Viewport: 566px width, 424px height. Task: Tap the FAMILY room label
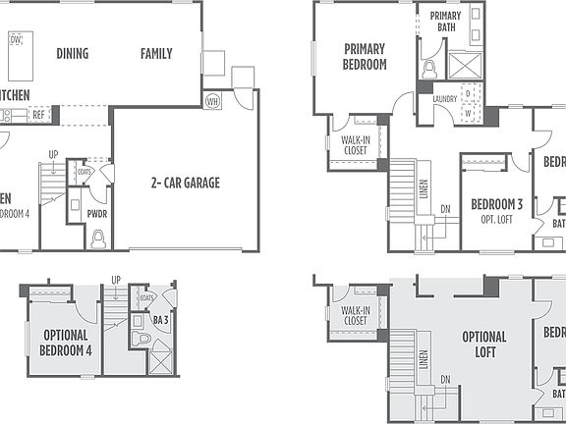[155, 54]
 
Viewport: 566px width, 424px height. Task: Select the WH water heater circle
[212, 99]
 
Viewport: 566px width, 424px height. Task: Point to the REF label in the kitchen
[38, 115]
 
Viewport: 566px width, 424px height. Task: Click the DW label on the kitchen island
[16, 39]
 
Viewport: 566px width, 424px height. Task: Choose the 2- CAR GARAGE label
[185, 183]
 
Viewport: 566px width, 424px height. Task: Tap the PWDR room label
[96, 212]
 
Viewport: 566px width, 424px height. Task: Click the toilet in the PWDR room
[96, 238]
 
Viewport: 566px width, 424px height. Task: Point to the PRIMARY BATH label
[445, 21]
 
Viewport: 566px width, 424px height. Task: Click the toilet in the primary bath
[429, 68]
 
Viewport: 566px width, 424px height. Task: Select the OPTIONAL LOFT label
[483, 344]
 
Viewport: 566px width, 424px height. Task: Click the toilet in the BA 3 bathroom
[142, 341]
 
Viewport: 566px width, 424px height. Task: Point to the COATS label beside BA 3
[147, 297]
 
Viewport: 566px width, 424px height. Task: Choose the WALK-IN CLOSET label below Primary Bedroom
[354, 145]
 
